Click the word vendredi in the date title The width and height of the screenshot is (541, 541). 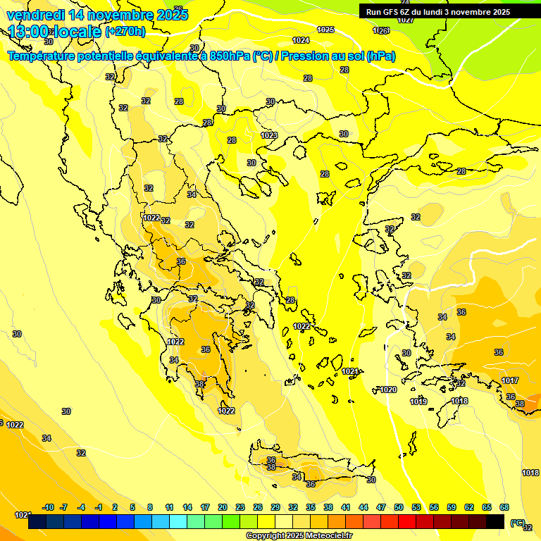click(36, 14)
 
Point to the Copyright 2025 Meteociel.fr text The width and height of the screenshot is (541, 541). click(299, 535)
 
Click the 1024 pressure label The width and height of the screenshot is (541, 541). click(301, 40)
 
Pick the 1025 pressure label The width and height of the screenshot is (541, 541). click(325, 30)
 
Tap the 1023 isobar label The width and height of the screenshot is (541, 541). click(268, 135)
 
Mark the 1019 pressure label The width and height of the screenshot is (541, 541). click(418, 402)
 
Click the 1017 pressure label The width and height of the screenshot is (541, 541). click(510, 380)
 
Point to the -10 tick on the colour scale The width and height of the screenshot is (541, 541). click(48, 507)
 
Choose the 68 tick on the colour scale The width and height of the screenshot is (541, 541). click(504, 507)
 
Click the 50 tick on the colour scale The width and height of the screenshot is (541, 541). click(399, 507)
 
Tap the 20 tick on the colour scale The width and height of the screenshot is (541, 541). click(222, 507)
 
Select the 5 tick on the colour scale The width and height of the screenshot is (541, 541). click(133, 507)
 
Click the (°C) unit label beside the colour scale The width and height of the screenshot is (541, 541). click(517, 523)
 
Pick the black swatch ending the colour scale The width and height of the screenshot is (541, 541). click(495, 522)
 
